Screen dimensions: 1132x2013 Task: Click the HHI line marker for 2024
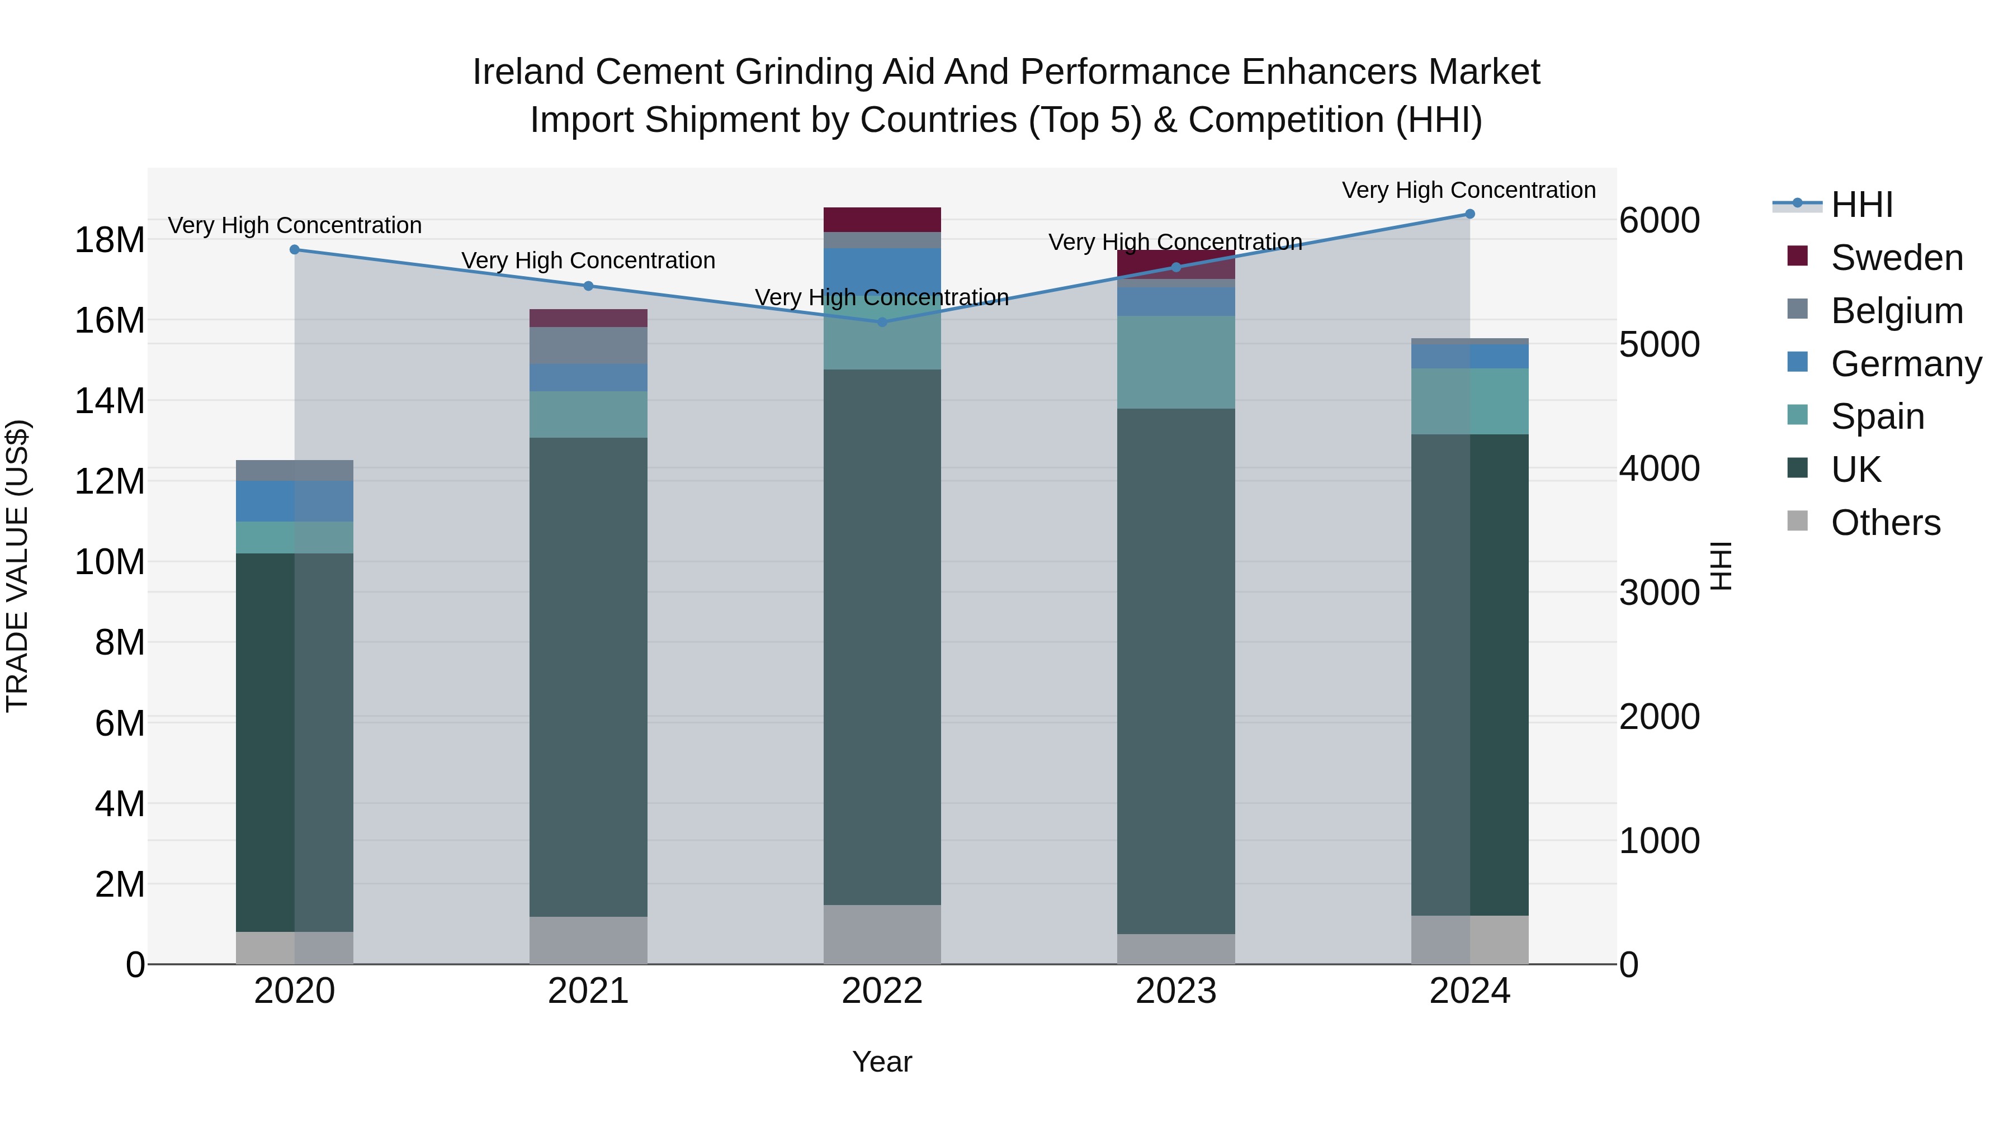1469,214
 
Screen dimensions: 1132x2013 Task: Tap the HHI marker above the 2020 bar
295,249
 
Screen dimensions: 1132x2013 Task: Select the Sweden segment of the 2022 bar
882,220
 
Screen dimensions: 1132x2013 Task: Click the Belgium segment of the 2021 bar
588,345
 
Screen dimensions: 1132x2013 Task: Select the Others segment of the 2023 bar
1176,949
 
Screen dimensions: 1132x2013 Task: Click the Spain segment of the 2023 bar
1176,362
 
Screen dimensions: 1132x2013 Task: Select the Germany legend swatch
1797,362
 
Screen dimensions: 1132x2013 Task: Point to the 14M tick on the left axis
110,401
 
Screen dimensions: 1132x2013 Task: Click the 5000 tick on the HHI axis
1658,344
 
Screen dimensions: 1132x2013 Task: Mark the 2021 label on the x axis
588,991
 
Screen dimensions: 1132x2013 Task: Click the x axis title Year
882,1062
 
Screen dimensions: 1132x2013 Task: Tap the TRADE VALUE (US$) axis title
17,566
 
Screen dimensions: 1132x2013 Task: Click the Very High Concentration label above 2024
1468,190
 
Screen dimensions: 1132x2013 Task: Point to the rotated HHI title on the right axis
1721,566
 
